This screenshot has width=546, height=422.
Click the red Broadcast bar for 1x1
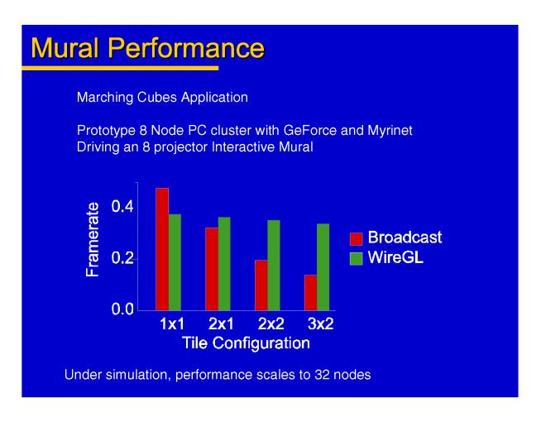pyautogui.click(x=162, y=248)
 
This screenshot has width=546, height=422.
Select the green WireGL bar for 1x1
pyautogui.click(x=175, y=261)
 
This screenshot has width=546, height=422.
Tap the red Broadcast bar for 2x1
pyautogui.click(x=212, y=268)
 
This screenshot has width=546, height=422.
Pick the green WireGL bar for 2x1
pyautogui.click(x=224, y=263)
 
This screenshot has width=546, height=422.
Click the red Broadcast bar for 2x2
pyautogui.click(x=261, y=285)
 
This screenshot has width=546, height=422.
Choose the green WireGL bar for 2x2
pyautogui.click(x=274, y=265)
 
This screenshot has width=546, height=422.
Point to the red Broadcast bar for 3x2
pyautogui.click(x=310, y=292)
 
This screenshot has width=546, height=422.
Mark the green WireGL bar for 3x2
pyautogui.click(x=323, y=266)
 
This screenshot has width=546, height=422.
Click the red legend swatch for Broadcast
pyautogui.click(x=357, y=238)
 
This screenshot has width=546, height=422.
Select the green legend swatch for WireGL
pyautogui.click(x=357, y=259)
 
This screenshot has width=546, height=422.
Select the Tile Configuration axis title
pyautogui.click(x=247, y=342)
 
